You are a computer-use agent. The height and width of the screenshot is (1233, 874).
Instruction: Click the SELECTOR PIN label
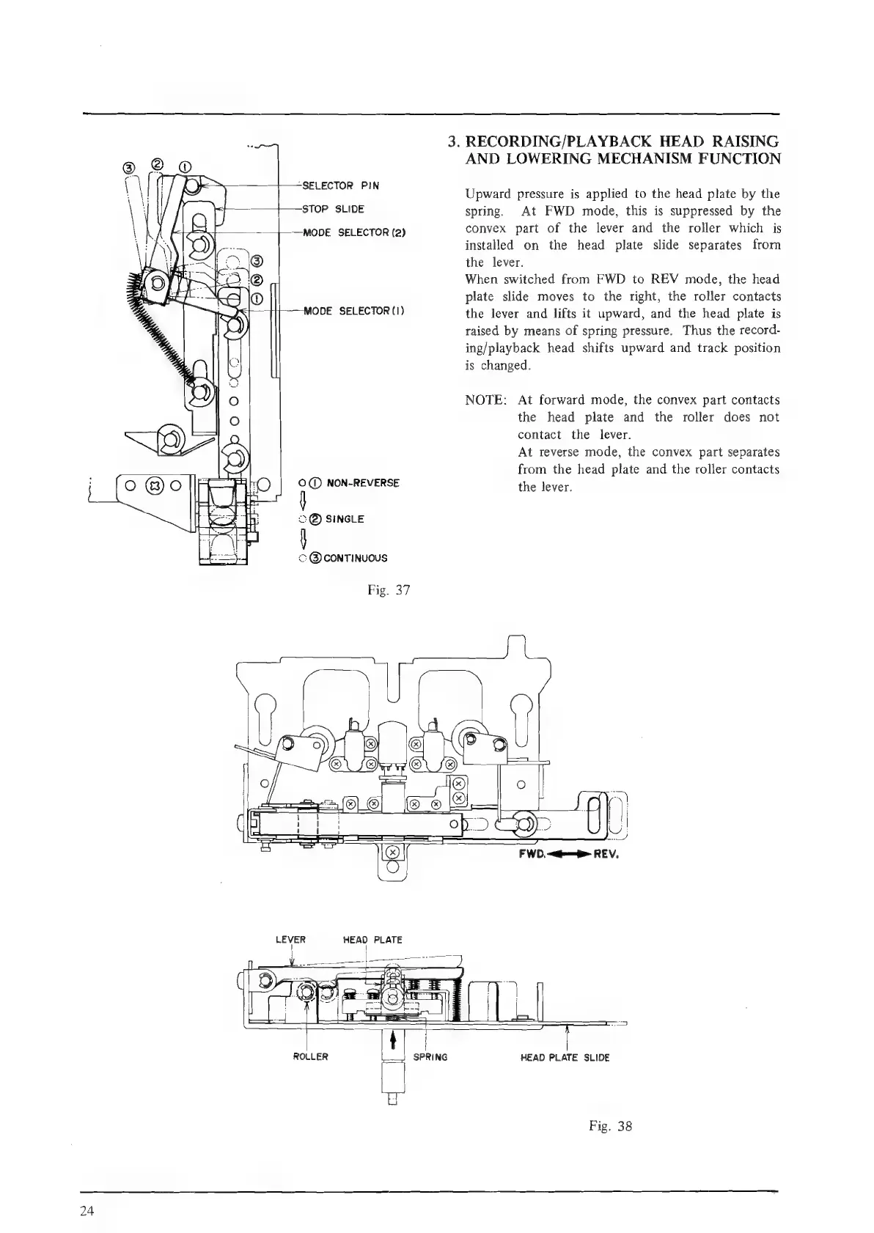pyautogui.click(x=341, y=185)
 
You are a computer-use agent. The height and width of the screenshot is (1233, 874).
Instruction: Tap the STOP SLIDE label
pyautogui.click(x=334, y=209)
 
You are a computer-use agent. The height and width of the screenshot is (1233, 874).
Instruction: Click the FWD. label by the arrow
pyautogui.click(x=532, y=854)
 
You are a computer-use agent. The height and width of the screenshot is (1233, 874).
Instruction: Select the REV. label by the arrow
pyautogui.click(x=608, y=854)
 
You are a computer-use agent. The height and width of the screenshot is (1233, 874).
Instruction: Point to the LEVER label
pyautogui.click(x=290, y=939)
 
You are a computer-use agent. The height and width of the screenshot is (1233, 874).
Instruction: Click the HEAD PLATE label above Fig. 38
pyautogui.click(x=372, y=939)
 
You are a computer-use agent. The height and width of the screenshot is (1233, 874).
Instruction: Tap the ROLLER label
pyautogui.click(x=310, y=1057)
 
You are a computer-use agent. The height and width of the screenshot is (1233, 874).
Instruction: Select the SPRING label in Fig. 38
pyautogui.click(x=430, y=1057)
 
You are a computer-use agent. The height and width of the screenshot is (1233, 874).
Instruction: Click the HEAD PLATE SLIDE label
pyautogui.click(x=565, y=1057)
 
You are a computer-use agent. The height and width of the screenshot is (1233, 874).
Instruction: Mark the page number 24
pyautogui.click(x=87, y=1210)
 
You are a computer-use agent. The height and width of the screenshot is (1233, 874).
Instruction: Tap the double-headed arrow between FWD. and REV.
pyautogui.click(x=570, y=854)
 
